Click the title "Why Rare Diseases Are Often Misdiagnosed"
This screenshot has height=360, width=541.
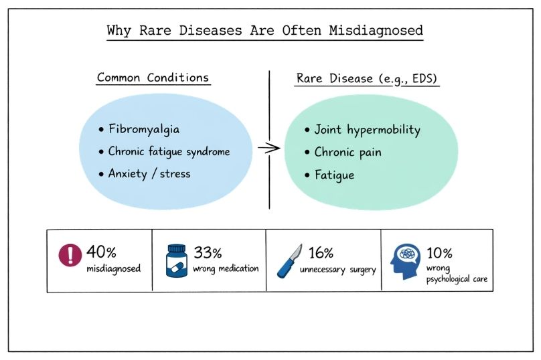point(265,31)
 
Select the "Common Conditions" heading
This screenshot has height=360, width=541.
point(153,77)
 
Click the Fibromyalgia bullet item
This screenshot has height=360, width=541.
point(142,129)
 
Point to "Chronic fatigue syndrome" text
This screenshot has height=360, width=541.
point(169,151)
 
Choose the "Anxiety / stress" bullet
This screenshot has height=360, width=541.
point(149,173)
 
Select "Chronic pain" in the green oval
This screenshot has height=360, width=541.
point(347,152)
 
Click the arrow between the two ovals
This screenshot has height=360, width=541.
point(268,149)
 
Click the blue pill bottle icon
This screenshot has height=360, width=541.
point(177,260)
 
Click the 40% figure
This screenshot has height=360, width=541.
point(101,252)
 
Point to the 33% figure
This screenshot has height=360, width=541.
point(208,252)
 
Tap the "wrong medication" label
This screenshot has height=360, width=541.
point(226,269)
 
